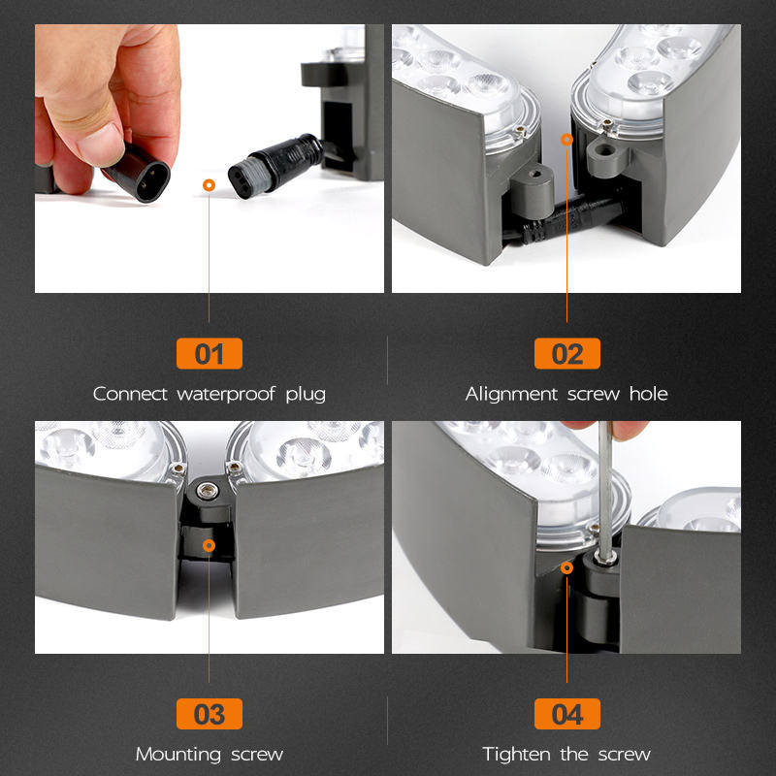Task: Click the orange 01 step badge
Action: (x=210, y=353)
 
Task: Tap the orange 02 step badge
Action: (x=567, y=353)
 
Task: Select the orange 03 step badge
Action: (x=210, y=714)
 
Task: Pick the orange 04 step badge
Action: (x=567, y=714)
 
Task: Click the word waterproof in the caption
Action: (x=226, y=395)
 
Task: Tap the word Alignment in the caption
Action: (x=512, y=394)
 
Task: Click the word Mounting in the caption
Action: (x=178, y=755)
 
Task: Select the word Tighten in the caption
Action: (x=516, y=755)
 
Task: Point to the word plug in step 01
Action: (x=306, y=395)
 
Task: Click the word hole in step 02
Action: (x=648, y=394)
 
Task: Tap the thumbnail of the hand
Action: (x=108, y=107)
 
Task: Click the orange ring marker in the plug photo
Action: (x=209, y=185)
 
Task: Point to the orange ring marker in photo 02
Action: (x=566, y=140)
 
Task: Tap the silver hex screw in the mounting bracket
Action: (x=208, y=491)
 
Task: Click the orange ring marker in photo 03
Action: (x=209, y=545)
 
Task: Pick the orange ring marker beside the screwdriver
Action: (x=567, y=567)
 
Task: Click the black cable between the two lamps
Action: (x=565, y=220)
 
